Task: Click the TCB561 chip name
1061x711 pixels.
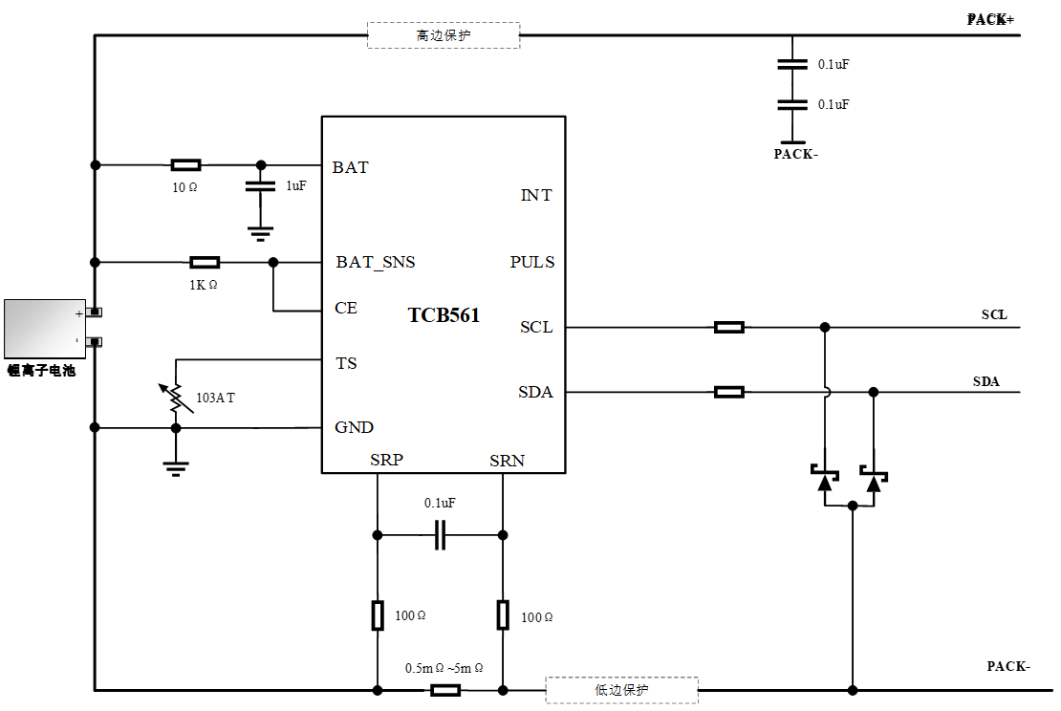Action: (444, 315)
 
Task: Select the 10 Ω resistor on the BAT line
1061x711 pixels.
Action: (185, 165)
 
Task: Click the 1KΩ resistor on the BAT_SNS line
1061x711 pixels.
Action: (205, 262)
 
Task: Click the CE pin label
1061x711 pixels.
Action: (346, 308)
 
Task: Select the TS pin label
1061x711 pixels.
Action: (346, 363)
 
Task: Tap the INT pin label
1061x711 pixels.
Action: (535, 195)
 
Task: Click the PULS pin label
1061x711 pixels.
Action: (531, 262)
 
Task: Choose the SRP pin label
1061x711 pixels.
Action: (386, 461)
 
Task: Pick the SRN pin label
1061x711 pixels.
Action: (507, 461)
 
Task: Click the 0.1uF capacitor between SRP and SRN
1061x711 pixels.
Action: (440, 535)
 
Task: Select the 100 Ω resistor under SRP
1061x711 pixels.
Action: (378, 615)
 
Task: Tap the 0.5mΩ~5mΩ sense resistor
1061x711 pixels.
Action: (445, 690)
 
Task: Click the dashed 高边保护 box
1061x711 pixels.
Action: (444, 35)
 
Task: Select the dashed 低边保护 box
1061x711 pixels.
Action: (621, 690)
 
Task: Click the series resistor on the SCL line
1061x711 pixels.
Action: (729, 327)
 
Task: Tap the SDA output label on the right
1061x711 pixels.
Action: (986, 381)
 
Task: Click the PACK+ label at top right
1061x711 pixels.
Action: (990, 19)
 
